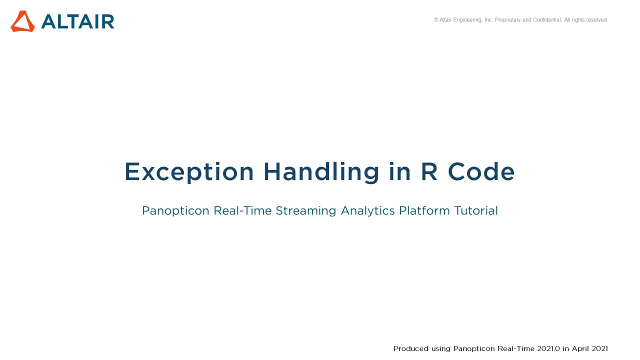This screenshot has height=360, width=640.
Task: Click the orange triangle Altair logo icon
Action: [23, 21]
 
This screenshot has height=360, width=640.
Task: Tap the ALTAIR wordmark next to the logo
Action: [77, 21]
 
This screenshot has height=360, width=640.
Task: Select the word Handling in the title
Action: [321, 172]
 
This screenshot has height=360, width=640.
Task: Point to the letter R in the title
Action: [429, 171]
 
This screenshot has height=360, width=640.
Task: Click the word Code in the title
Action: [481, 171]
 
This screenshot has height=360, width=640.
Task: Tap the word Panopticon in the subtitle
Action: [175, 211]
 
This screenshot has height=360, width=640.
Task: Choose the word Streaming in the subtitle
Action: [306, 211]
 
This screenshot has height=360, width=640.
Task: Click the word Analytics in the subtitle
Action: [368, 211]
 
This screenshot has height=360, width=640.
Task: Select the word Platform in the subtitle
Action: [424, 210]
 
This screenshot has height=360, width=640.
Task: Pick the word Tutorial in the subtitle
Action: [476, 210]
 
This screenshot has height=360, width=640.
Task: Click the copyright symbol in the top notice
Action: [436, 19]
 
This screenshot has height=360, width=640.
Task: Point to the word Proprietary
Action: [508, 20]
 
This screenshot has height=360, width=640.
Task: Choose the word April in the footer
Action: [580, 349]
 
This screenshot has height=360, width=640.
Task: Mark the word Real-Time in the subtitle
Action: [242, 211]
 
